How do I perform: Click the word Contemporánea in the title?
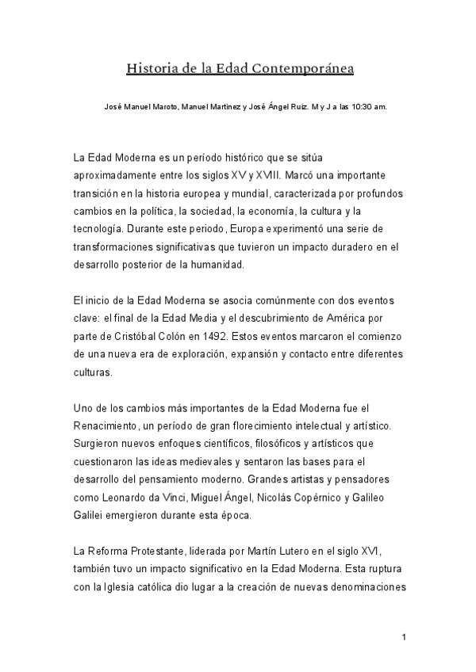303,69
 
